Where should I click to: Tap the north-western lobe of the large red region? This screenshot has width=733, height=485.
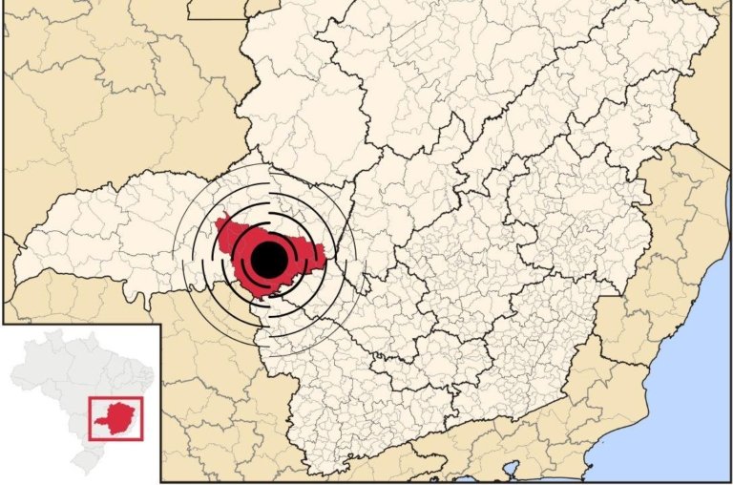click(x=226, y=230)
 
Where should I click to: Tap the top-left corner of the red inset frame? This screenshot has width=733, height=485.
click(x=89, y=398)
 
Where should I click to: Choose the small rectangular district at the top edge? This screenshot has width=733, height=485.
click(x=215, y=9)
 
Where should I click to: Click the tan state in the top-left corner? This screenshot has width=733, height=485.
click(x=76, y=76)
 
